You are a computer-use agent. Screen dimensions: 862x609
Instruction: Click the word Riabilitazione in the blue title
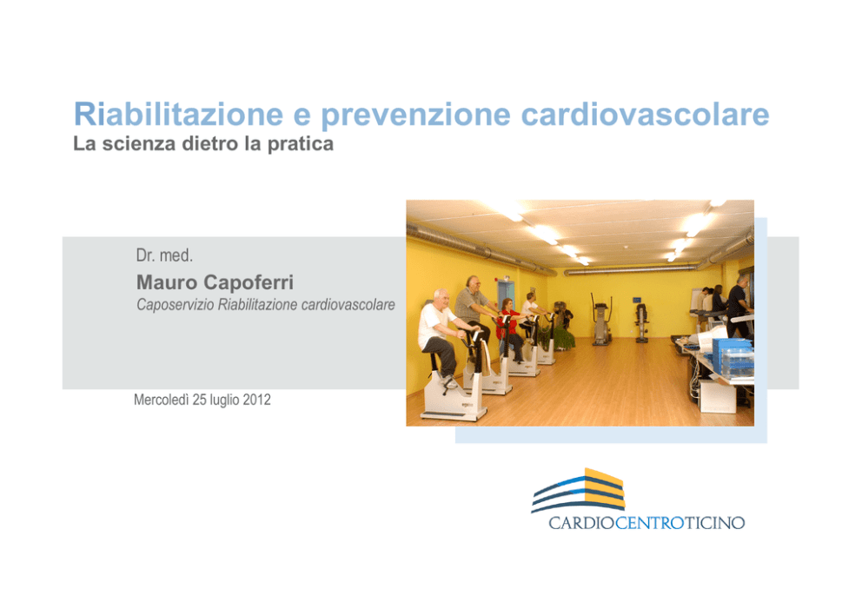coord(179,114)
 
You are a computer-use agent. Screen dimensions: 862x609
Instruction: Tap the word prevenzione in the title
coord(416,116)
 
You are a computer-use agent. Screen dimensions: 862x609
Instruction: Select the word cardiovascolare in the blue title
coord(645,114)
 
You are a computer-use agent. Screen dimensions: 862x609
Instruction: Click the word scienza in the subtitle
coord(139,143)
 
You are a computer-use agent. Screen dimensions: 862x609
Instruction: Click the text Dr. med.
coord(164,255)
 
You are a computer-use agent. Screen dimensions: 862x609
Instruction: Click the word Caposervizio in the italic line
coord(175,305)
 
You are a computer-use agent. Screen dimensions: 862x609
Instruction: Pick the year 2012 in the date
coord(256,400)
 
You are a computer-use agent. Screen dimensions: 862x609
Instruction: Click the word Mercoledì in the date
coord(161,400)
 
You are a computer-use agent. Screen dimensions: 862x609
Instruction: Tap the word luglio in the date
coord(223,400)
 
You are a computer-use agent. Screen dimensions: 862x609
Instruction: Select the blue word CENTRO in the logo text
coord(650,523)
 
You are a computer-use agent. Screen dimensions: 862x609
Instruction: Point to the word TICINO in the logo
coord(714,523)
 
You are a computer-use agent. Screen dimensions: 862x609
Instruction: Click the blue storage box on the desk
coord(732,356)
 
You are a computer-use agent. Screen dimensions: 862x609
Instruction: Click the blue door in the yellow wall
coord(505,296)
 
